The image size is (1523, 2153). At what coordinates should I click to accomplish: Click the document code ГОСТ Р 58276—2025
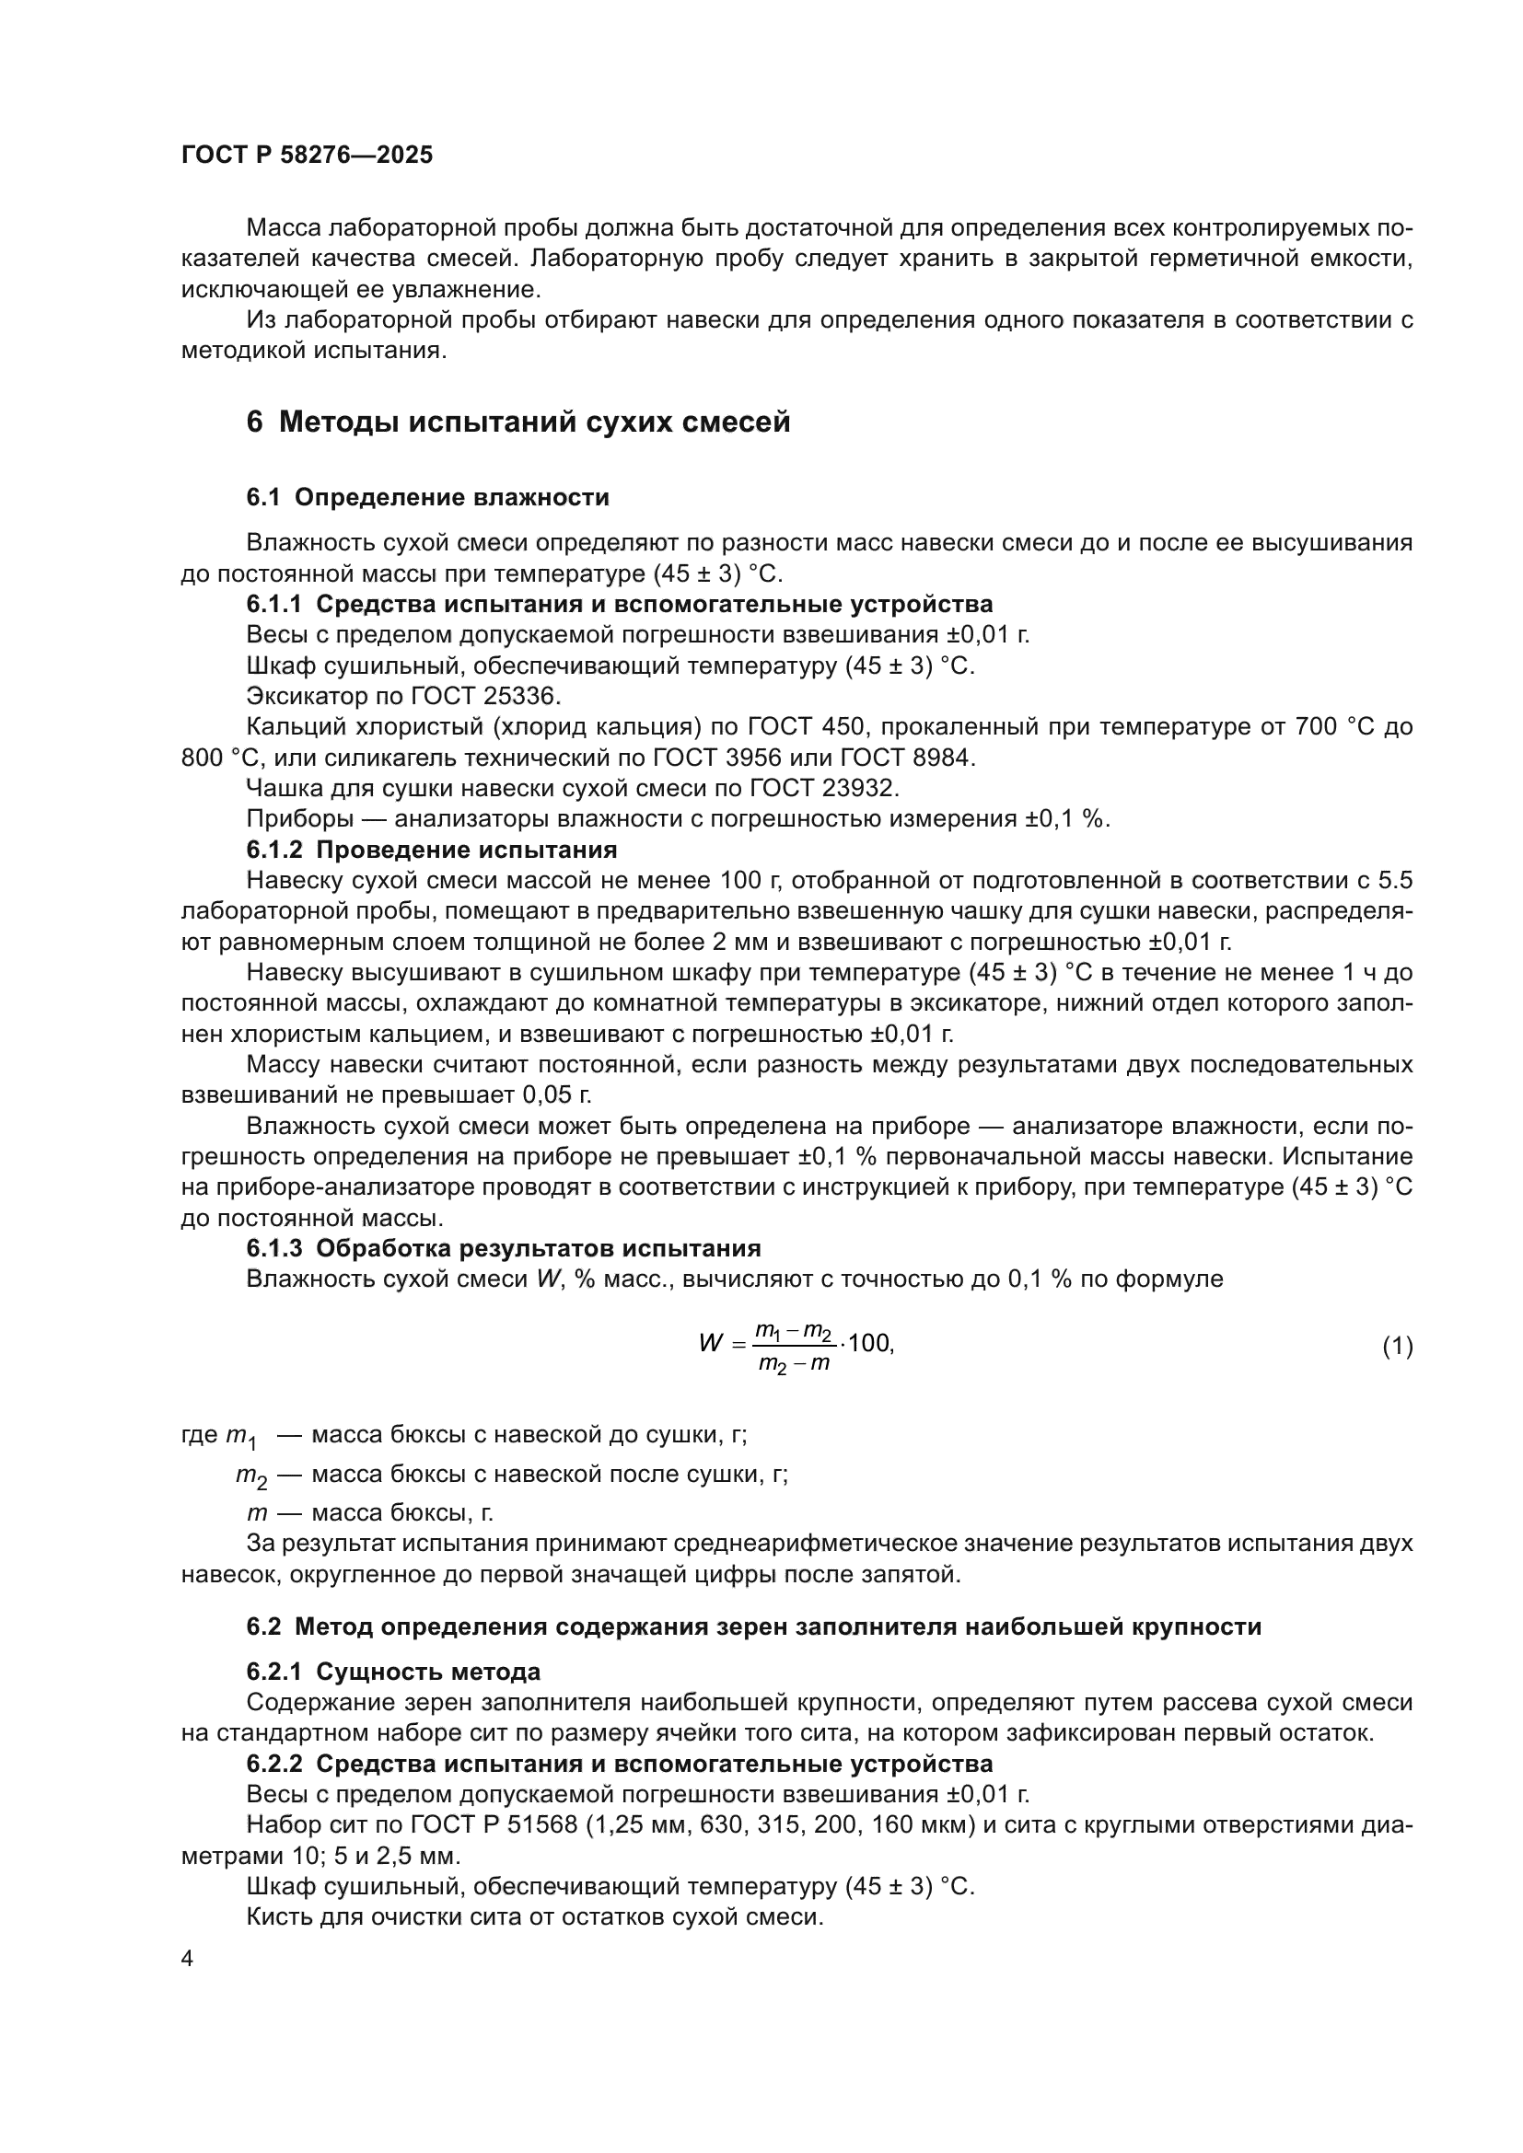point(307,155)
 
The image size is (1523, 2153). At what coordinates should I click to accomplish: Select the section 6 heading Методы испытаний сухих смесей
point(517,422)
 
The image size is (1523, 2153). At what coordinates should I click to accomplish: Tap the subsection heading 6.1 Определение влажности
point(427,497)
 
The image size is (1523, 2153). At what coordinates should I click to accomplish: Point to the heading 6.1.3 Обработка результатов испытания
point(504,1248)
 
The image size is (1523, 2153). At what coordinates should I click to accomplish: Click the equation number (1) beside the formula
point(1398,1347)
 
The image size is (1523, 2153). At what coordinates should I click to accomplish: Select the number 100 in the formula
point(869,1343)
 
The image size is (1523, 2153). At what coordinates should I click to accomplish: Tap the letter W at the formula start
point(710,1343)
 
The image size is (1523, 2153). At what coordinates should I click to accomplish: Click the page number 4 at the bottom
point(188,1959)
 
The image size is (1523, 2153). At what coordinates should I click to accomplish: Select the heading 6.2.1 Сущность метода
point(394,1671)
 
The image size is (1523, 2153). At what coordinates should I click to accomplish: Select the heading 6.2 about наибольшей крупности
point(754,1626)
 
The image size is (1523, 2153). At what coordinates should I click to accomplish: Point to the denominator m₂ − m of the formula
point(795,1363)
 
